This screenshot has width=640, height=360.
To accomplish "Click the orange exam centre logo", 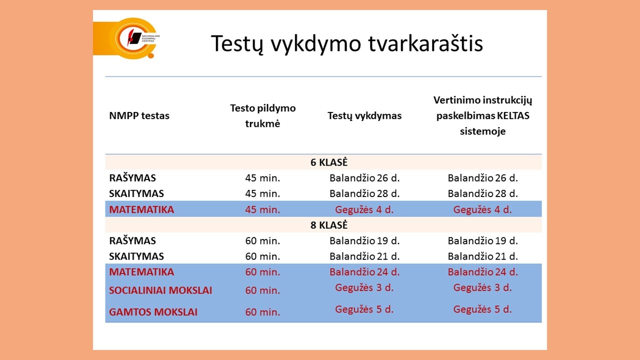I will pyautogui.click(x=131, y=38).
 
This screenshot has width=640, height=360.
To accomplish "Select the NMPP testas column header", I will pyautogui.click(x=139, y=116).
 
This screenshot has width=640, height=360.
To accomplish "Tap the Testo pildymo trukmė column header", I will pyautogui.click(x=262, y=115).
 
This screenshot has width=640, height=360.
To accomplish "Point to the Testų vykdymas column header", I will pyautogui.click(x=364, y=116).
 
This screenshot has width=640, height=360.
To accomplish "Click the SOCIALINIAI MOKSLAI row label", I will pyautogui.click(x=160, y=290).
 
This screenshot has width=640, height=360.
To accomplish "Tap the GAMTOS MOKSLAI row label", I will pyautogui.click(x=153, y=312).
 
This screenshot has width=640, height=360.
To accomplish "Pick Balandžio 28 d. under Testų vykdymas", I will pyautogui.click(x=364, y=193).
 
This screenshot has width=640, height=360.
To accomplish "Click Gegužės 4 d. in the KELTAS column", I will pyautogui.click(x=482, y=209).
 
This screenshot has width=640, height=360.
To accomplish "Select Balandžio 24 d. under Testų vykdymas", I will pyautogui.click(x=364, y=272).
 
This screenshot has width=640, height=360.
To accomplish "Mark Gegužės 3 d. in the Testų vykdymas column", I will pyautogui.click(x=364, y=287).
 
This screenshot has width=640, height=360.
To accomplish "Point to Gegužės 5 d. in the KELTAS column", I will pyautogui.click(x=482, y=309).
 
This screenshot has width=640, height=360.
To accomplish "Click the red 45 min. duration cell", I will pyautogui.click(x=262, y=209).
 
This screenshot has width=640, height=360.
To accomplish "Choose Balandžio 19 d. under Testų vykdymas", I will pyautogui.click(x=364, y=240).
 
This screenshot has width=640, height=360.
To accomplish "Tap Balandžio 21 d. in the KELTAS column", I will pyautogui.click(x=482, y=256).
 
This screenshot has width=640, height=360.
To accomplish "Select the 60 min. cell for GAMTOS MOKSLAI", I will pyautogui.click(x=262, y=312).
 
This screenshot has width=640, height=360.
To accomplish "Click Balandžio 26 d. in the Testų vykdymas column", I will pyautogui.click(x=364, y=178).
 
